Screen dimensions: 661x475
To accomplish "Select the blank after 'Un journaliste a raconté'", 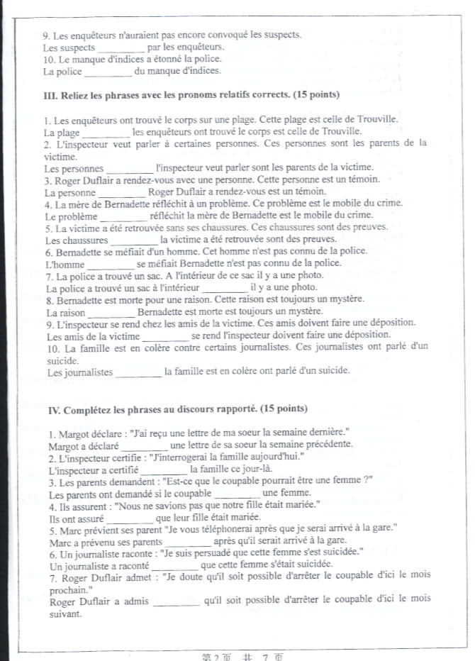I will click(x=174, y=567).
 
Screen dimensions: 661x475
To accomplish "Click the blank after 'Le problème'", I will click(x=124, y=216).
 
